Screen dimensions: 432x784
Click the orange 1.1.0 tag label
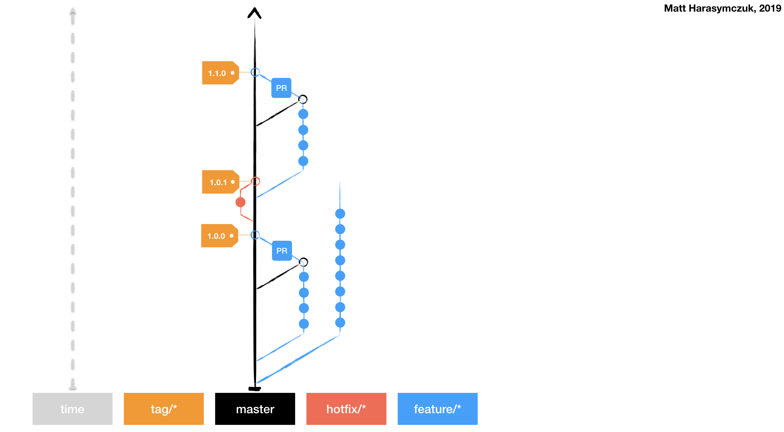pyautogui.click(x=220, y=73)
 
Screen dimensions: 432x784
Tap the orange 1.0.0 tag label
pyautogui.click(x=219, y=236)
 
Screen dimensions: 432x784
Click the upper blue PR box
pyautogui.click(x=281, y=88)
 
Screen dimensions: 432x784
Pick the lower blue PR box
pyautogui.click(x=282, y=251)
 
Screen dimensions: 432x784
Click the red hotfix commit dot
pyautogui.click(x=240, y=202)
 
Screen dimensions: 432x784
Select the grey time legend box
pyautogui.click(x=72, y=409)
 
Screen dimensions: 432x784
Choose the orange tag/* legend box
pyautogui.click(x=164, y=409)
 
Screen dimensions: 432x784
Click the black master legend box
pyautogui.click(x=255, y=409)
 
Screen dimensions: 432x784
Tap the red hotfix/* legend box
pyautogui.click(x=346, y=409)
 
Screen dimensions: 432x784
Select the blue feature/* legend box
pyautogui.click(x=437, y=409)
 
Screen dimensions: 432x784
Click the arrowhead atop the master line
pyautogui.click(x=254, y=13)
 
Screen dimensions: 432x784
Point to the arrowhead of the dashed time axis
pyautogui.click(x=72, y=11)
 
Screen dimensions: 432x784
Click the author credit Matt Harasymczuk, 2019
pyautogui.click(x=722, y=8)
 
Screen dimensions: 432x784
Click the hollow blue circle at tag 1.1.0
pyautogui.click(x=255, y=72)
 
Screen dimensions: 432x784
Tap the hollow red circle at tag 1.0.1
pyautogui.click(x=256, y=181)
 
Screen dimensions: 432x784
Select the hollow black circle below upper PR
pyautogui.click(x=303, y=99)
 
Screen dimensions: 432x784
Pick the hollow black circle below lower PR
pyautogui.click(x=304, y=262)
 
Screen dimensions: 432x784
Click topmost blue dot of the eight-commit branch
pyautogui.click(x=340, y=214)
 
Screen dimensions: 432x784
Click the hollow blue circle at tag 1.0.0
pyautogui.click(x=255, y=235)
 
